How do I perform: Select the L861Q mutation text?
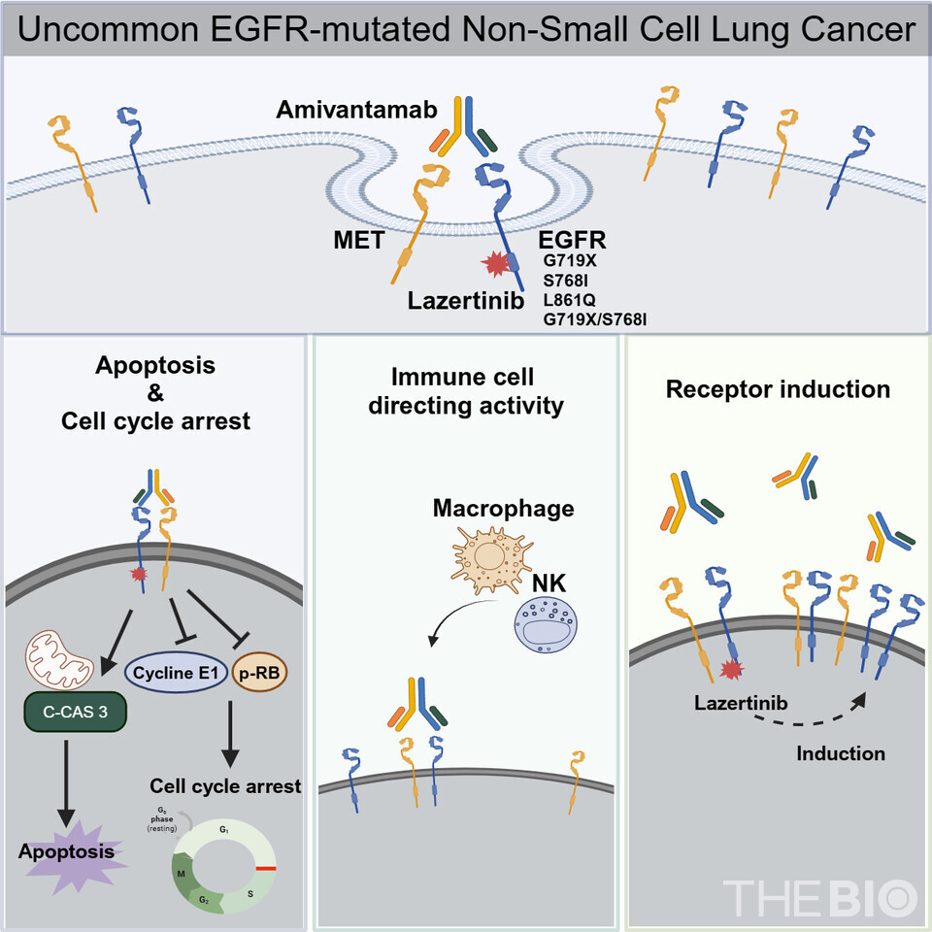(x=570, y=298)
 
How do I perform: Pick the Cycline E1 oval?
(x=180, y=671)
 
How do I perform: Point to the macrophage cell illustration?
(x=490, y=564)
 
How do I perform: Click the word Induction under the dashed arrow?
(x=841, y=753)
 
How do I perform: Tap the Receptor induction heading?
(x=778, y=389)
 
